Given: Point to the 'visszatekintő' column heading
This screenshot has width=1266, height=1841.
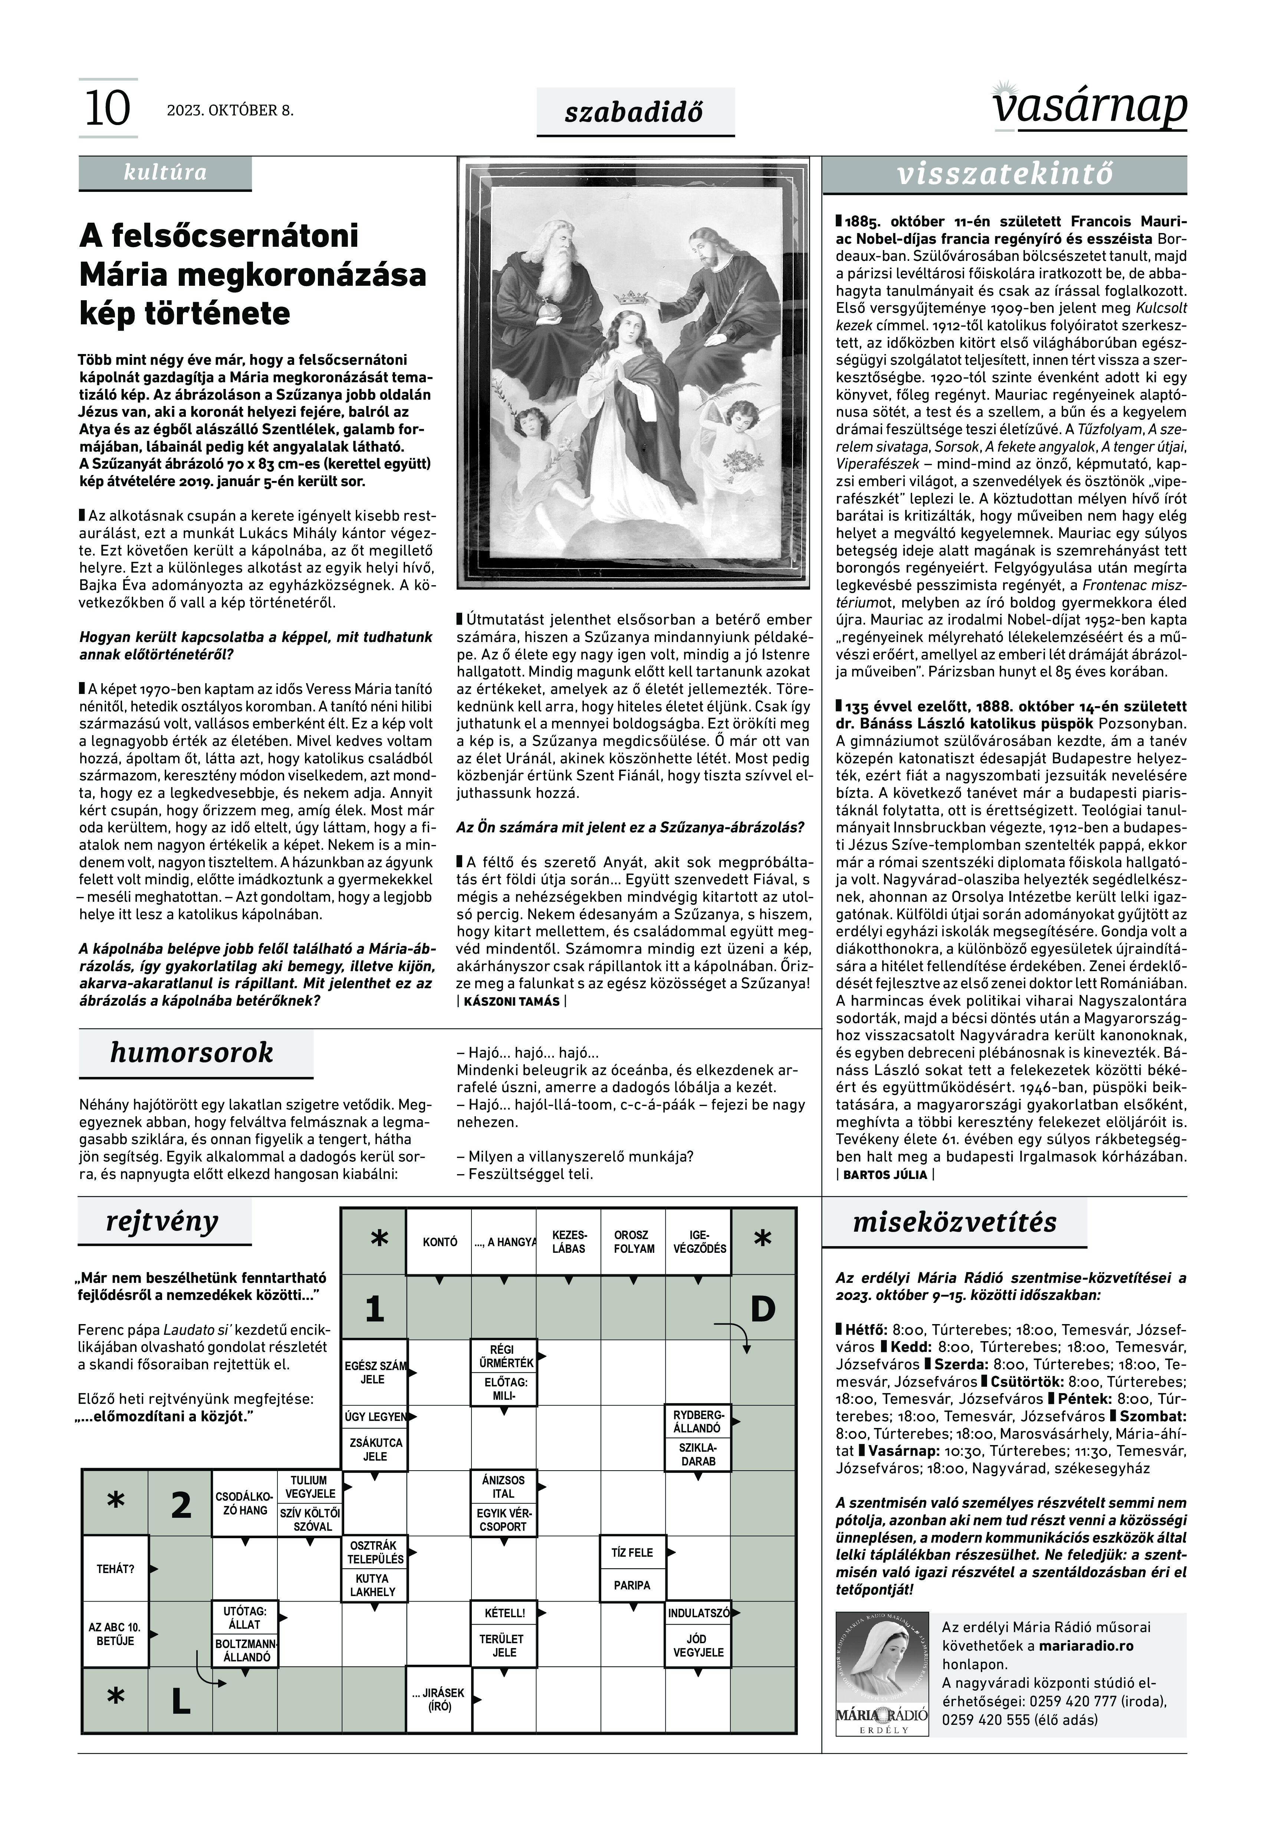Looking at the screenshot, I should pyautogui.click(x=1005, y=174).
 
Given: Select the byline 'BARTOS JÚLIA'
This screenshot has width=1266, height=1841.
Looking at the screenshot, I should pyautogui.click(x=884, y=1175).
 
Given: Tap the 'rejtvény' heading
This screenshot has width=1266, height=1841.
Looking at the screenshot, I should pyautogui.click(x=162, y=1222).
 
